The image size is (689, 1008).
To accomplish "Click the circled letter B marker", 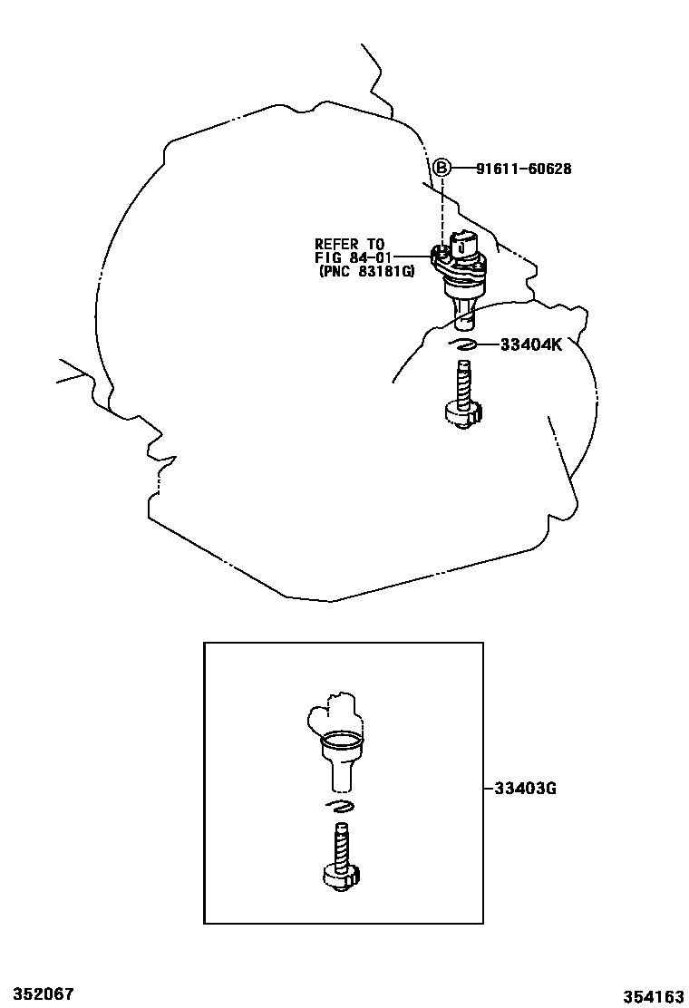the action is [442, 168].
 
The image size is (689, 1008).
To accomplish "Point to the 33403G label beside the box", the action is [525, 788].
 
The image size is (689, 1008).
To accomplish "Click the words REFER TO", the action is [349, 244].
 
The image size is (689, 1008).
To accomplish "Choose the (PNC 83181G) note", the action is [366, 271].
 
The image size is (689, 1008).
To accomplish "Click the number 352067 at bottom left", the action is [37, 993].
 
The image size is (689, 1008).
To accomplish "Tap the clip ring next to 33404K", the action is [462, 344].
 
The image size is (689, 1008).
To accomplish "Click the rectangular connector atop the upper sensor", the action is [463, 243].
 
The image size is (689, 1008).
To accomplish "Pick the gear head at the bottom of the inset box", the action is [340, 877].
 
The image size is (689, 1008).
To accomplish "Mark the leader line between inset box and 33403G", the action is [489, 788].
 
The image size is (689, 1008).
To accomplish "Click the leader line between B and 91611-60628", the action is [463, 169].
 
